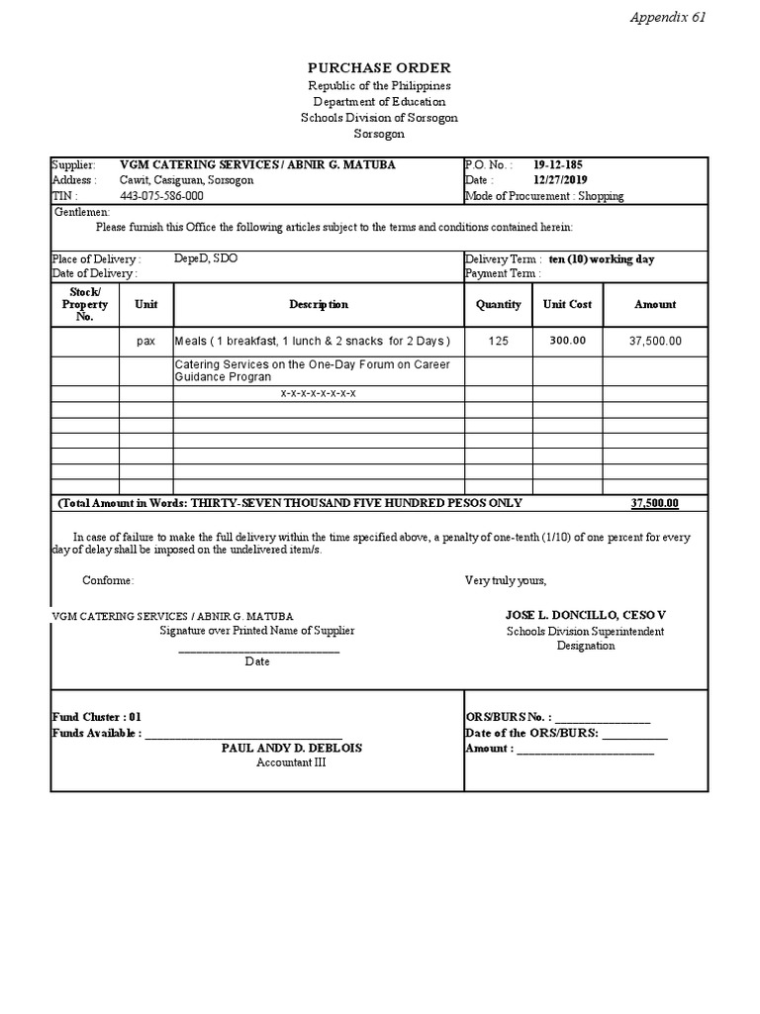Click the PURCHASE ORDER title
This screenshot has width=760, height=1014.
pos(379,68)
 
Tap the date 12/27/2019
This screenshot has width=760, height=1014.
pos(561,180)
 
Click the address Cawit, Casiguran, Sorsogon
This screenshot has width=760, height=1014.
pos(186,180)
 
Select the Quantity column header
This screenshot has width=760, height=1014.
pos(498,305)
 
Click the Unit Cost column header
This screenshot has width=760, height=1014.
pos(567,305)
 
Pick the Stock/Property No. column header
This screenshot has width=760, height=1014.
pos(84,304)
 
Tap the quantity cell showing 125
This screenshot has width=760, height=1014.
pos(498,341)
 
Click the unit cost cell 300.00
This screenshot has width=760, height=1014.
pos(567,341)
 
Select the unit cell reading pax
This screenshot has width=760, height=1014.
pos(145,341)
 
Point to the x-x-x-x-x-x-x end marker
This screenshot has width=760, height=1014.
pos(318,393)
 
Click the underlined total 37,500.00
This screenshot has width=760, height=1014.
pos(654,503)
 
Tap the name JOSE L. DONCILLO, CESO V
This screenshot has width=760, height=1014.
pos(586,615)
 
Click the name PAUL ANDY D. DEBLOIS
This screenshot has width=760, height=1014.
pos(291,749)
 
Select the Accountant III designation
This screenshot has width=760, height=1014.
pos(291,762)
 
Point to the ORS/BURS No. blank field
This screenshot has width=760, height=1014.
pos(606,718)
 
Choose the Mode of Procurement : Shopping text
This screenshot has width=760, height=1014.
pos(544,196)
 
